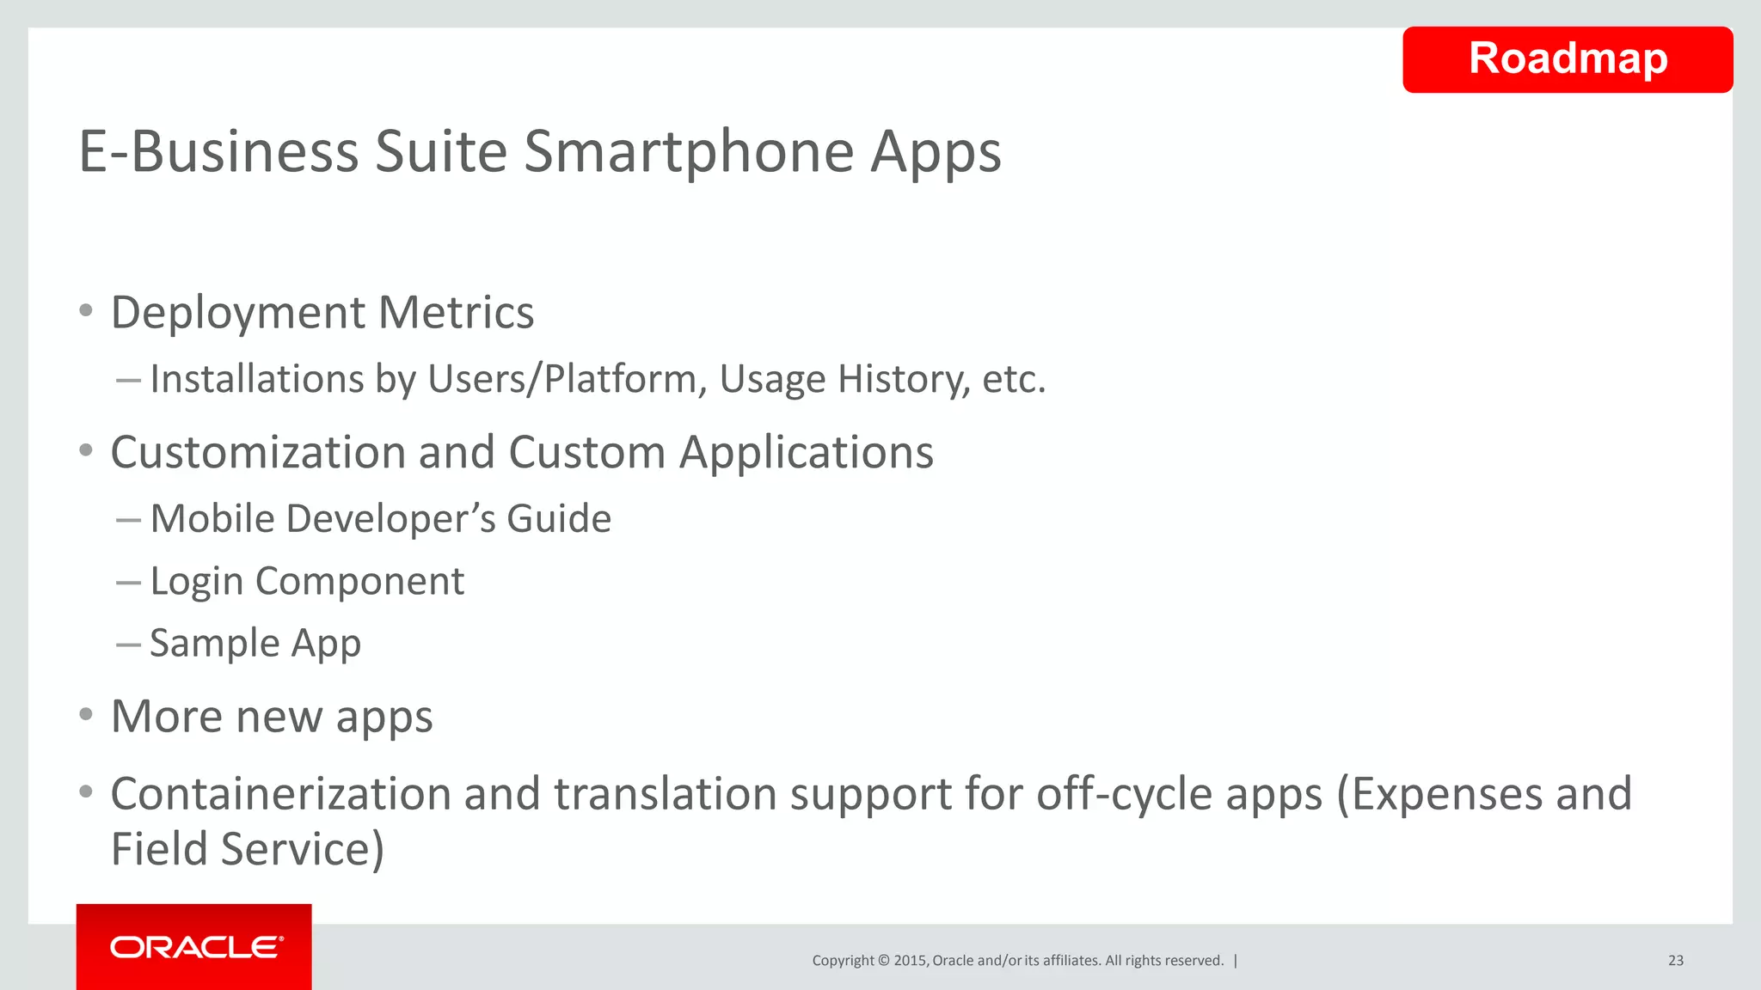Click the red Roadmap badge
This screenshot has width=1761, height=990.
pos(1567,59)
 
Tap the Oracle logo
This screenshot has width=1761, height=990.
pos(195,947)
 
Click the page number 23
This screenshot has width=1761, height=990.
pos(1675,960)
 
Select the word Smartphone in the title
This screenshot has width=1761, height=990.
pos(688,152)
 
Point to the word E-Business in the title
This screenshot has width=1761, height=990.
pos(218,152)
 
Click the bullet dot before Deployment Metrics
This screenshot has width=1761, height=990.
pos(85,311)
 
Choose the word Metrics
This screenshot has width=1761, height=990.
pos(456,312)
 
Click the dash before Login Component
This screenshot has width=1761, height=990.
pos(128,583)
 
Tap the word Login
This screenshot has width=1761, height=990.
pos(197,583)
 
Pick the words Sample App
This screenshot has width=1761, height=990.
pos(255,644)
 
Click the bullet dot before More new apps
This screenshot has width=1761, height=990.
pos(85,715)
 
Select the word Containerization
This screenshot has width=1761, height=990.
pos(280,793)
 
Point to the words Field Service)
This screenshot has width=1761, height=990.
pos(247,849)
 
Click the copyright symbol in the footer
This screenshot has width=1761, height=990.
pos(883,960)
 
